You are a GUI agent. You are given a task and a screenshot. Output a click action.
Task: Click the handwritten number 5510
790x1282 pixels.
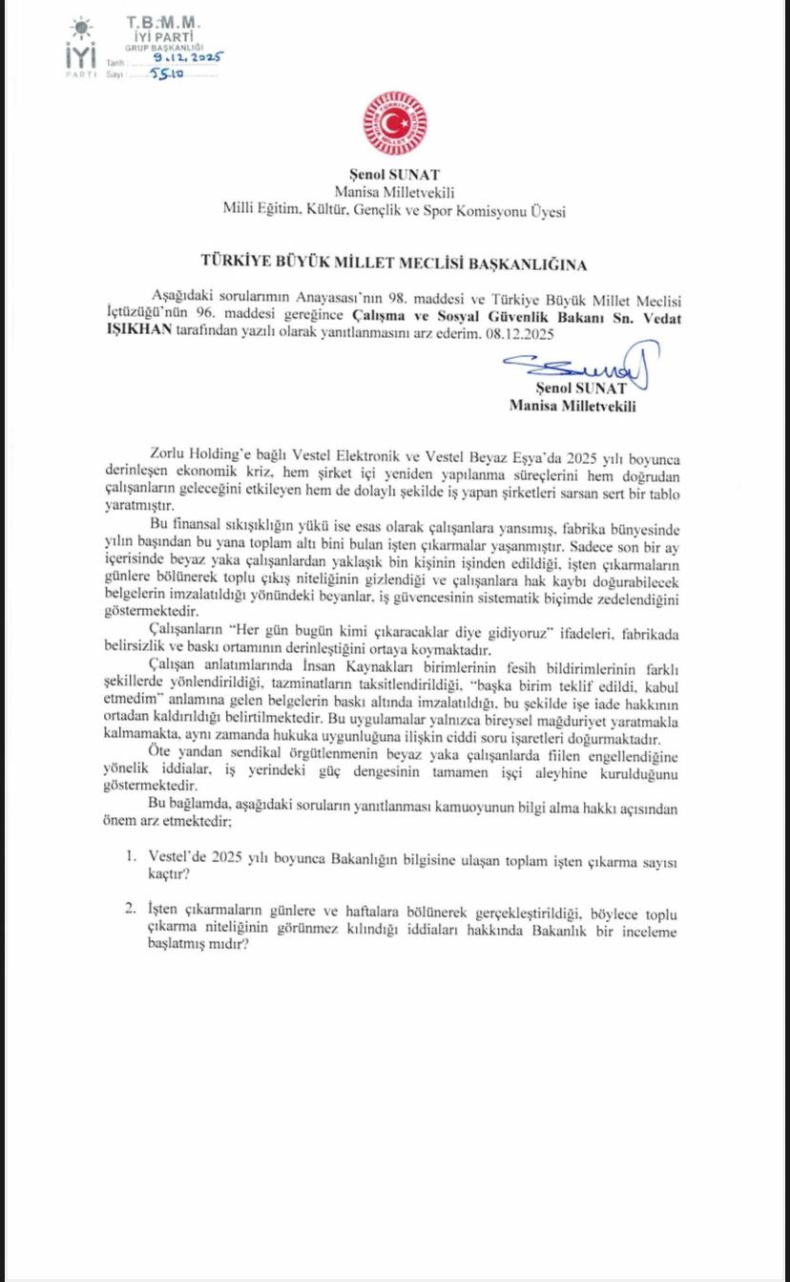(x=166, y=73)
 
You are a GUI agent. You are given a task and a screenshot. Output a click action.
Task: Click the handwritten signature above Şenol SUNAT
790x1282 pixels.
(x=580, y=366)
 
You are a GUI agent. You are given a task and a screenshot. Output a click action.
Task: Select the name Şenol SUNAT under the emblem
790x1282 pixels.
(x=393, y=176)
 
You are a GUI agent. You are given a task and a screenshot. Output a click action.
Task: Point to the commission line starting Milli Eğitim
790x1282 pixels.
(x=393, y=210)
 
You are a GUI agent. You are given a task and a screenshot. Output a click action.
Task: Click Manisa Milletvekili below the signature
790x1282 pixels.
(x=572, y=405)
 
